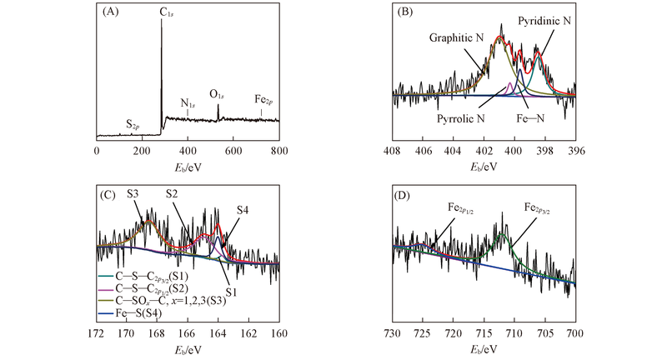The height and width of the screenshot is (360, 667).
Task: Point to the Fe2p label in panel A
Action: point(263,99)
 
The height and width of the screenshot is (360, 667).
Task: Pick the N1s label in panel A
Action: point(188,104)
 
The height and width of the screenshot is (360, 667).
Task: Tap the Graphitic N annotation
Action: point(456,38)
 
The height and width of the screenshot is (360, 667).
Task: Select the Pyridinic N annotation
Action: point(544,19)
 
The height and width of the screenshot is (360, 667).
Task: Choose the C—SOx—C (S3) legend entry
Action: point(169,299)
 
